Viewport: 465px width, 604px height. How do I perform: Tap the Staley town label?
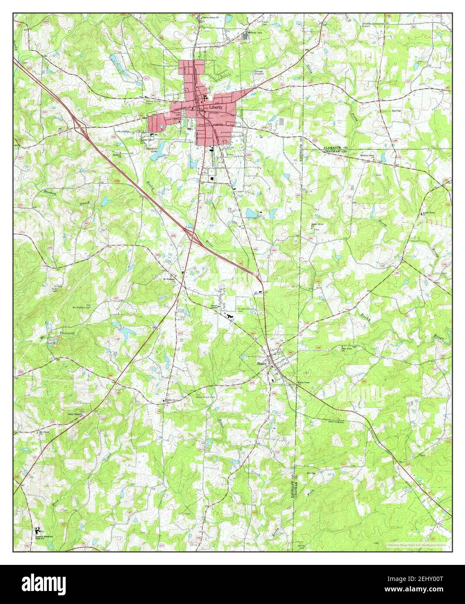[261, 363]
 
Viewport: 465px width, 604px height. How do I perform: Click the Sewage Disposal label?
[259, 72]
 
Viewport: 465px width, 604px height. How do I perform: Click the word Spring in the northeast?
[396, 111]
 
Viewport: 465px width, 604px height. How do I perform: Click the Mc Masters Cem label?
[81, 307]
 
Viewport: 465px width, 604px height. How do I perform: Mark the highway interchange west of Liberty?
[79, 127]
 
